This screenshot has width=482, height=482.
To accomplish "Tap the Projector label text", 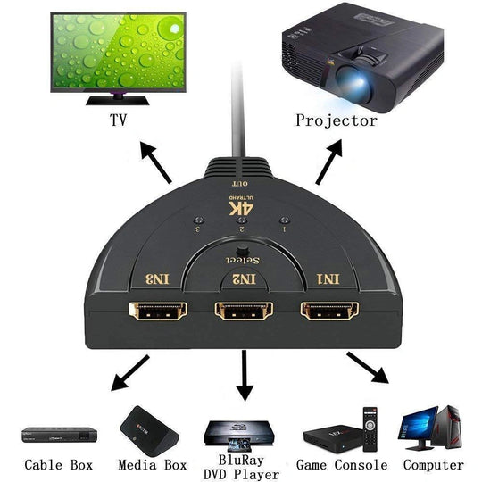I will [336, 120].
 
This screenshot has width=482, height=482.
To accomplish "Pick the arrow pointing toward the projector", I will [328, 162].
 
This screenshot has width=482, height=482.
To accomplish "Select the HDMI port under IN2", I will [241, 313].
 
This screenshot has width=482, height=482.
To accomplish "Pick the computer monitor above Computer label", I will [420, 423].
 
